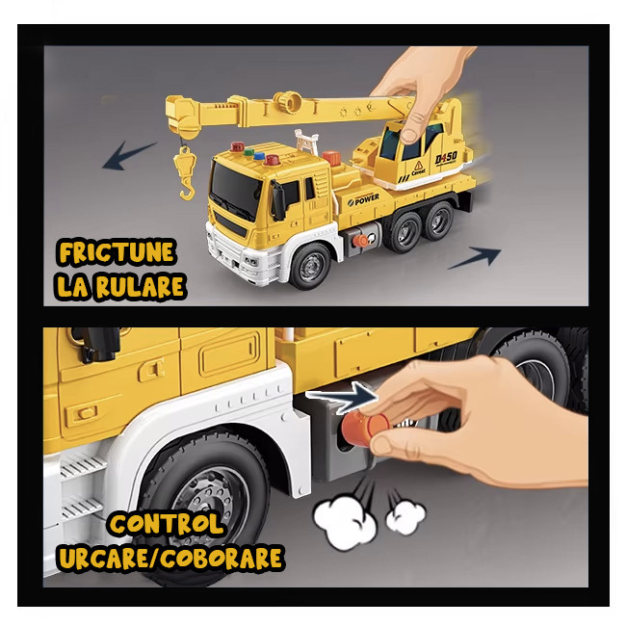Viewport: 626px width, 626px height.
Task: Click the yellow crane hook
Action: (x=186, y=172)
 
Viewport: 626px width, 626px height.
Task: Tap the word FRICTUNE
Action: (x=117, y=252)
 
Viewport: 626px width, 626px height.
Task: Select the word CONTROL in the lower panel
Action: (x=166, y=524)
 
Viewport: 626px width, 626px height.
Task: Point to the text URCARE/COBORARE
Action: (x=170, y=558)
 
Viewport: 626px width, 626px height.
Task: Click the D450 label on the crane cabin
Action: (x=446, y=158)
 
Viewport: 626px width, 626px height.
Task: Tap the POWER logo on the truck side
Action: (x=363, y=199)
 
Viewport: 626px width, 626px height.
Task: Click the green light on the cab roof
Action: (x=248, y=152)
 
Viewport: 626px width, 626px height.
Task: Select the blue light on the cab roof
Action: (x=259, y=156)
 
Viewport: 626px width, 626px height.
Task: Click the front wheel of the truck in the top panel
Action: (x=311, y=266)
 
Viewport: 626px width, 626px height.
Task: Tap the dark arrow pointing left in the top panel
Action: (x=128, y=155)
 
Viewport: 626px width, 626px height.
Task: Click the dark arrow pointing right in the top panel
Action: (x=475, y=257)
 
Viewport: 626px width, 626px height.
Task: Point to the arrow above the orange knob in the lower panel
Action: (x=342, y=397)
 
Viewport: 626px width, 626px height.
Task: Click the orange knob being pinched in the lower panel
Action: (x=366, y=429)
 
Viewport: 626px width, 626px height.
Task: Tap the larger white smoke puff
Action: (x=346, y=520)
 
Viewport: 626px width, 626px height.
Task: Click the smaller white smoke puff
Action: (x=405, y=517)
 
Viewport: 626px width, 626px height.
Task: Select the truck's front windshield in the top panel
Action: (x=236, y=191)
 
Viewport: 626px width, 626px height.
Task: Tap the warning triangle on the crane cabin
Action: (x=418, y=165)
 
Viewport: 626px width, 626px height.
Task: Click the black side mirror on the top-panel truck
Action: (x=278, y=199)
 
